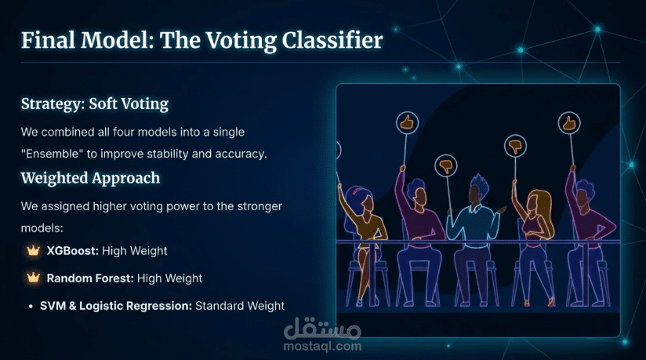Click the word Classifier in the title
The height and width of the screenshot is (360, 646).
[332, 41]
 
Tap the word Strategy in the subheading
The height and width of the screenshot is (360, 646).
[53, 104]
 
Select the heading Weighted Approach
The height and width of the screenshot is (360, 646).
[90, 178]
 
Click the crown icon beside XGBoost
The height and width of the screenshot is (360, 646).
[33, 250]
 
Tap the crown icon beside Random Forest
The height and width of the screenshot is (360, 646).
[33, 278]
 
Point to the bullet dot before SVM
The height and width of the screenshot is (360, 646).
[31, 307]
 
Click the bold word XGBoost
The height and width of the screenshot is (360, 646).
[72, 251]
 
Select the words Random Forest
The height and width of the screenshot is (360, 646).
[90, 278]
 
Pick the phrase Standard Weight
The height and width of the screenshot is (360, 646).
[240, 306]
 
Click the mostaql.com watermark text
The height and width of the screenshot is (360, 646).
[322, 347]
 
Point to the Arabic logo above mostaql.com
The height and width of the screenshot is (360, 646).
[322, 328]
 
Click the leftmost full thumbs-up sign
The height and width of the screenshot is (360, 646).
[407, 122]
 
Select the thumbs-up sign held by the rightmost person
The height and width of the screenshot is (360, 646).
[569, 123]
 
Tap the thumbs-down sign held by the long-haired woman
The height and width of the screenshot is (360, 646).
[515, 146]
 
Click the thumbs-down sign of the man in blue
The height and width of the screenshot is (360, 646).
[446, 165]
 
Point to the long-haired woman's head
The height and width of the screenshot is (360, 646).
[535, 202]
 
